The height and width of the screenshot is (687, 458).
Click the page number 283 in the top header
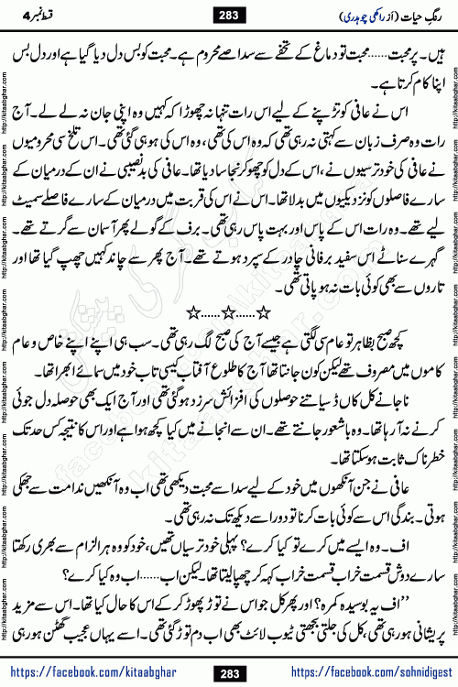tap(230, 13)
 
